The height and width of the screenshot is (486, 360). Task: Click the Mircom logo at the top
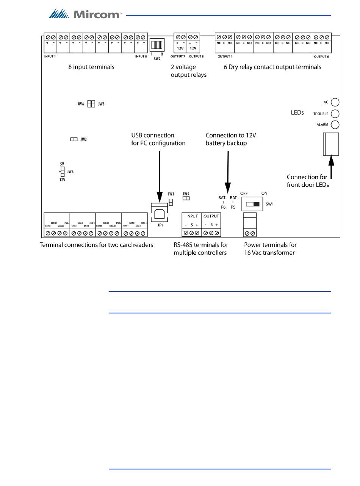click(86, 14)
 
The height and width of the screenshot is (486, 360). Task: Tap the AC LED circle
click(335, 102)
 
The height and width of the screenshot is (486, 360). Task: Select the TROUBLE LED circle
click(335, 114)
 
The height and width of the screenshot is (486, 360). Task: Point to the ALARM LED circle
click(335, 125)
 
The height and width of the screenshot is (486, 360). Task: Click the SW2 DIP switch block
click(157, 45)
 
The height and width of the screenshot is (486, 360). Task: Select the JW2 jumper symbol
click(74, 139)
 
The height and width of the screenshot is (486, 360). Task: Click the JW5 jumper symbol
click(186, 198)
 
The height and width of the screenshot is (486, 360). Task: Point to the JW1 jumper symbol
click(171, 202)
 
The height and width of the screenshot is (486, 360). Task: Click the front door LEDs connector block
click(331, 144)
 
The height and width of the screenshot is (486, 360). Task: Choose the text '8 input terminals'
click(91, 67)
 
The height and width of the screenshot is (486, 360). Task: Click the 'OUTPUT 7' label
click(177, 56)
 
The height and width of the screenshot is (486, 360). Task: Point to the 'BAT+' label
click(234, 198)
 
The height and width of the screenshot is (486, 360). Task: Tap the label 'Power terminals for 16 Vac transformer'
click(270, 249)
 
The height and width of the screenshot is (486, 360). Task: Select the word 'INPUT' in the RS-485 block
click(192, 216)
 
